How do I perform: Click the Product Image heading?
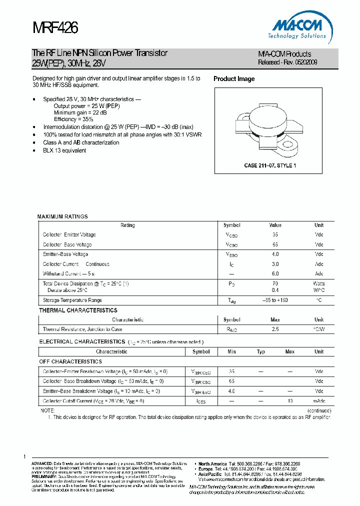tap(234, 79)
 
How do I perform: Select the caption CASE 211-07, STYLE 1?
tap(269, 165)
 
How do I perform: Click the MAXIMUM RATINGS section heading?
tap(62, 216)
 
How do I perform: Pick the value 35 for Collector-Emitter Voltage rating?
tap(274, 234)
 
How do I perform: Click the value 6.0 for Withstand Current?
tap(275, 273)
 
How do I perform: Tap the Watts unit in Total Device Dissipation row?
tap(318, 283)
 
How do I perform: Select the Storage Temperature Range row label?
tap(72, 300)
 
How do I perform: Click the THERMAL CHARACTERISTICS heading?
tap(78, 310)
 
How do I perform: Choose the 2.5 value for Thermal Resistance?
tap(275, 329)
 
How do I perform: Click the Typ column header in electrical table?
tap(261, 351)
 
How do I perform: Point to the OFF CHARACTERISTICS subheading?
tap(70, 361)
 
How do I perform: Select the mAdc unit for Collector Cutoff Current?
tap(319, 401)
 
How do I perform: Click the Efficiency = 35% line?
tap(73, 119)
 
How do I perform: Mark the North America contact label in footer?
tap(212, 463)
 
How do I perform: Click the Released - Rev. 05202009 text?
tap(287, 62)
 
